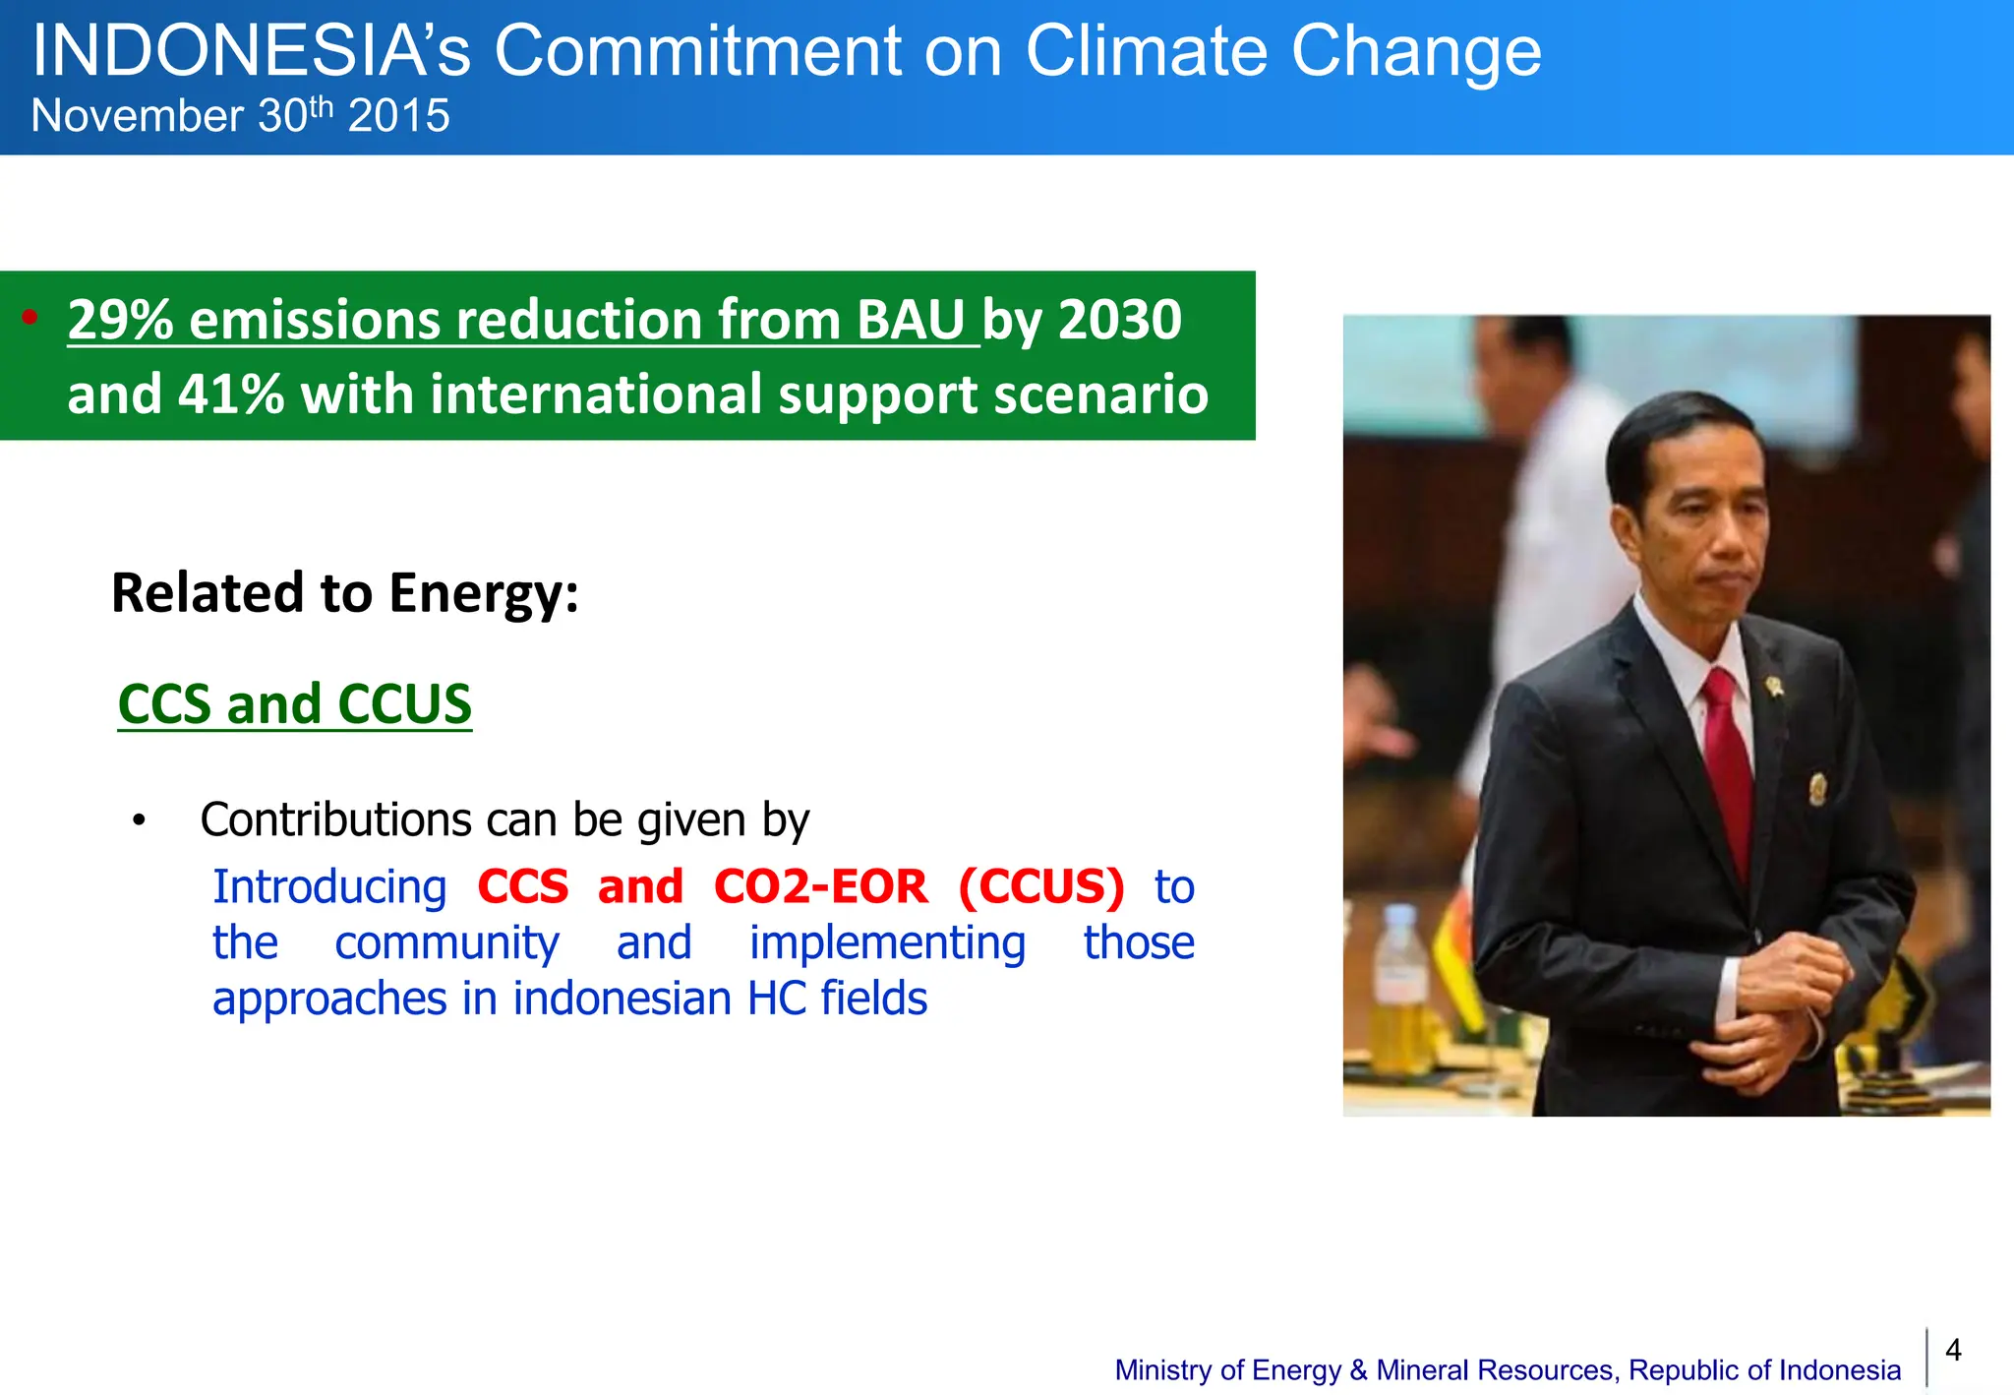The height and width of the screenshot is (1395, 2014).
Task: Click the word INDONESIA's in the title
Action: click(251, 51)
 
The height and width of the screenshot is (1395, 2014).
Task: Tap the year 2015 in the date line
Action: click(398, 116)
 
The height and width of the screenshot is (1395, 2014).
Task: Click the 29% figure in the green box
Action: click(120, 321)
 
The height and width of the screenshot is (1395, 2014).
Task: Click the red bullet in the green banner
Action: click(30, 317)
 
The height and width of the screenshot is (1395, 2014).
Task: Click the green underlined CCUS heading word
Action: click(404, 704)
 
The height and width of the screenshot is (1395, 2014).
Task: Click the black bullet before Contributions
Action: click(139, 820)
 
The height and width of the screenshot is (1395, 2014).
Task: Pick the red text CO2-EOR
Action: click(820, 886)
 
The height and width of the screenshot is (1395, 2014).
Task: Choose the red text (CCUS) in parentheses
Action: click(1041, 886)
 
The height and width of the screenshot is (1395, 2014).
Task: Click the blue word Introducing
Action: click(329, 886)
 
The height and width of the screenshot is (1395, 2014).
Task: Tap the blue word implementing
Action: click(887, 942)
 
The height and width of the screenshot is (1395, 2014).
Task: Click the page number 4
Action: click(1953, 1350)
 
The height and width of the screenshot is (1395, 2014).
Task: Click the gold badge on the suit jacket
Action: click(1817, 788)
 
